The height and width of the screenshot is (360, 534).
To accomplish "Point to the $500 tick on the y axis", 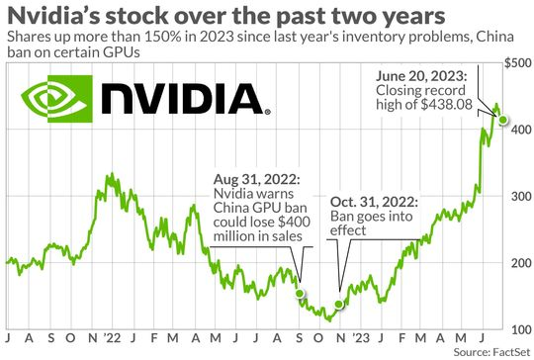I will pyautogui.click(x=516, y=63).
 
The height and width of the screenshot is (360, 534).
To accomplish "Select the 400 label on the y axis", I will pyautogui.click(x=518, y=130).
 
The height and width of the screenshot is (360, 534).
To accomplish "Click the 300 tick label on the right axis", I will pyautogui.click(x=518, y=196).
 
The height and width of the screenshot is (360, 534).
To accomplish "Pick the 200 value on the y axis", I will pyautogui.click(x=518, y=263).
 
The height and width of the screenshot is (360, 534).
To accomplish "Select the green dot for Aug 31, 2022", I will pyautogui.click(x=301, y=295).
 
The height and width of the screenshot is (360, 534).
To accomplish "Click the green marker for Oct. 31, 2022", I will pyautogui.click(x=339, y=304).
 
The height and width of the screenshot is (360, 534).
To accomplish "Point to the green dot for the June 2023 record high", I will pyautogui.click(x=503, y=120).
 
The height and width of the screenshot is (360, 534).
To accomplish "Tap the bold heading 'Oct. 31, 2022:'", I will pyautogui.click(x=372, y=202).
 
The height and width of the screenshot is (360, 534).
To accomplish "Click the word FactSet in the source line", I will pyautogui.click(x=509, y=352).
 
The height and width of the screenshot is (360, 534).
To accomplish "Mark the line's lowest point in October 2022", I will pyautogui.click(x=329, y=319).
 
